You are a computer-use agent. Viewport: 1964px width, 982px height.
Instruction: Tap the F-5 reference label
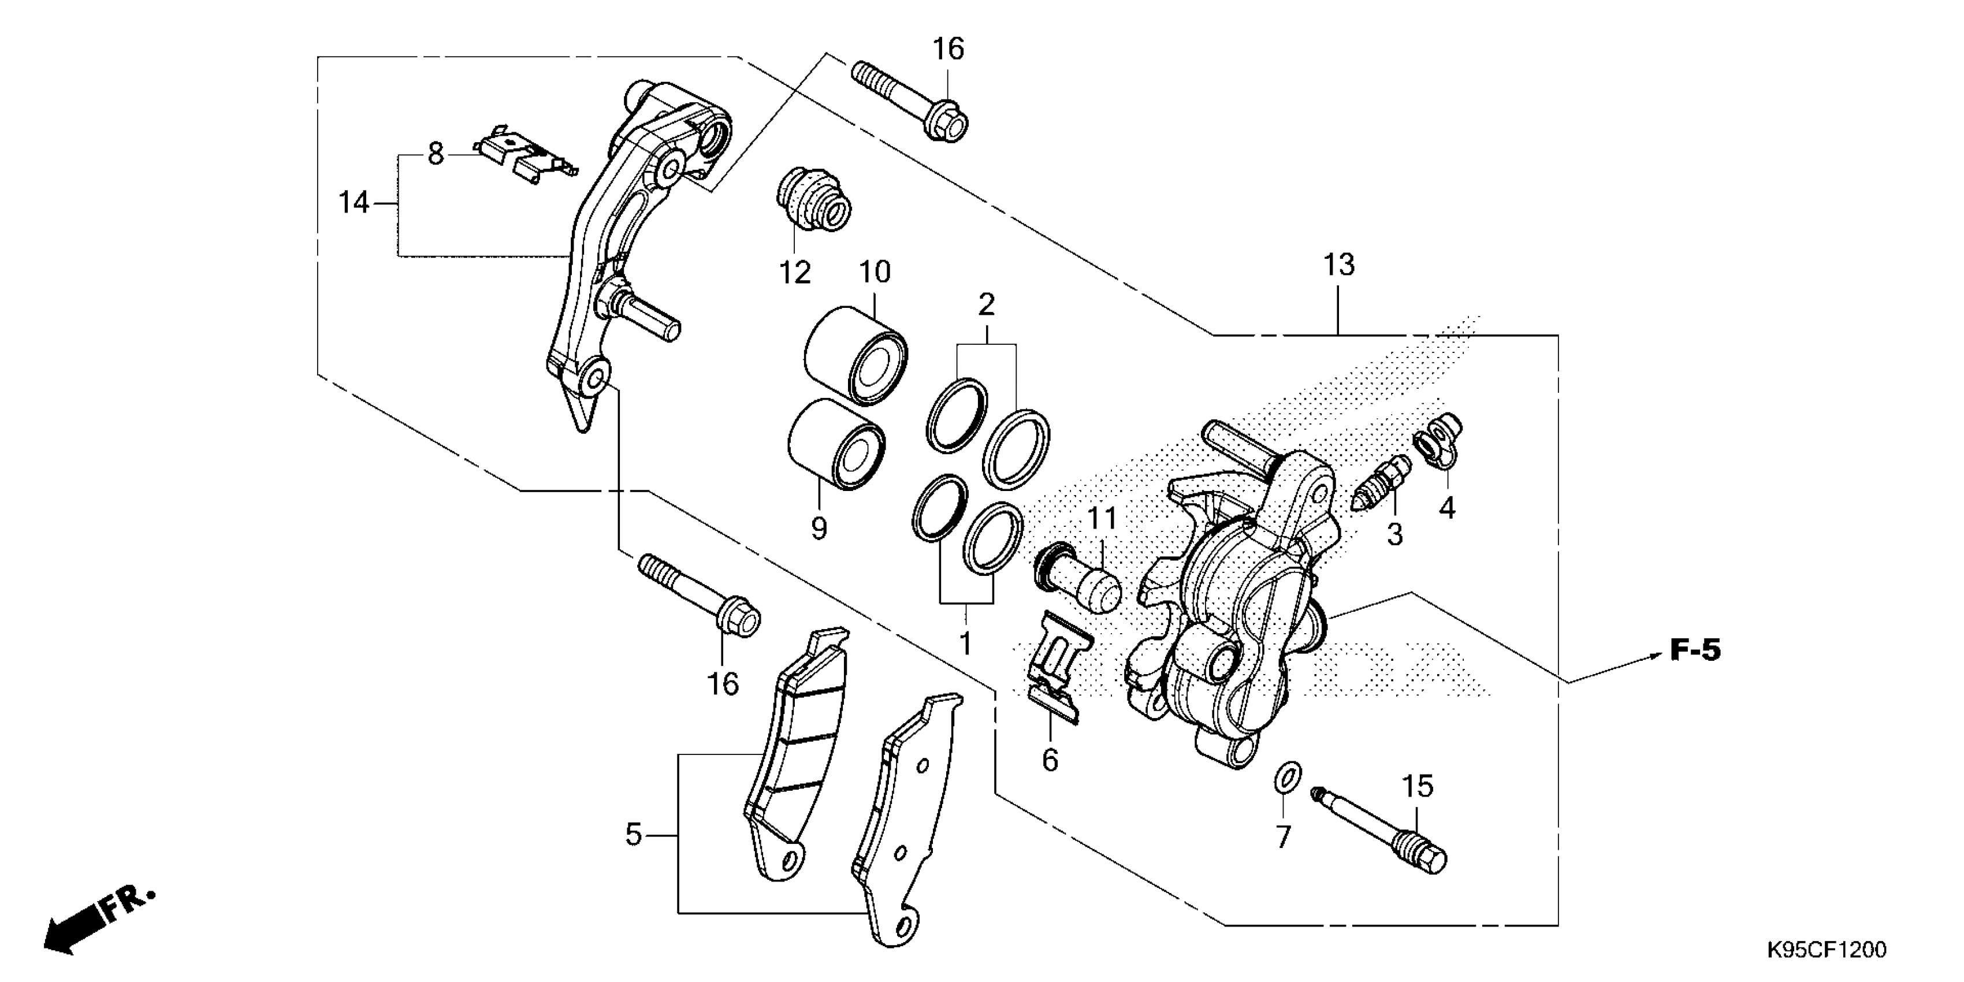(1695, 650)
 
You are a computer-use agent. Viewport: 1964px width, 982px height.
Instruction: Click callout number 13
(1339, 265)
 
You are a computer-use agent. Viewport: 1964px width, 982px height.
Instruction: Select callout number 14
(354, 203)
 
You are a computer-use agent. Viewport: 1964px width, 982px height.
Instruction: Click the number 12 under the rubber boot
(794, 272)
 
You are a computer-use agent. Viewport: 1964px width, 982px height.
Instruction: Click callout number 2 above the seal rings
(986, 305)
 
